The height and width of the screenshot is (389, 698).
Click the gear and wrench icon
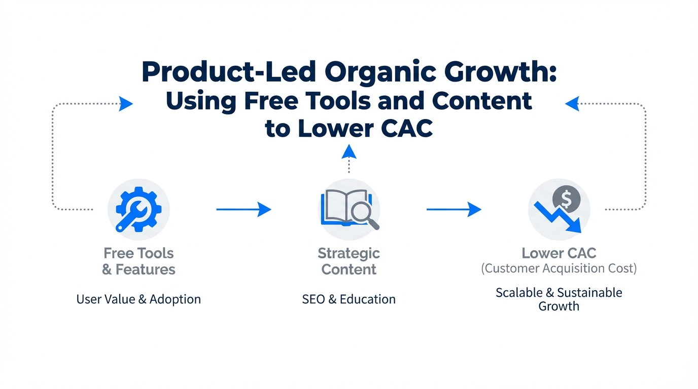[138, 209]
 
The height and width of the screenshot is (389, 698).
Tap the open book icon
[346, 207]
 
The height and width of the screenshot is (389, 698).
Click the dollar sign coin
[566, 199]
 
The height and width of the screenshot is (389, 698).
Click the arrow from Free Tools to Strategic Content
[243, 209]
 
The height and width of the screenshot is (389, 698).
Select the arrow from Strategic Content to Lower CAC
[453, 209]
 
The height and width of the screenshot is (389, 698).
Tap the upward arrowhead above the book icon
[349, 151]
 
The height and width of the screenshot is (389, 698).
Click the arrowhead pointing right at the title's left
[126, 104]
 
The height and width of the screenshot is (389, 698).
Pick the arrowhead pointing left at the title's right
[572, 104]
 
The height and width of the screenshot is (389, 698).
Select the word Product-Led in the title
[229, 71]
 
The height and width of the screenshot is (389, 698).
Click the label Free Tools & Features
[138, 261]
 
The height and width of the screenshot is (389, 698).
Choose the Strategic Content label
[348, 261]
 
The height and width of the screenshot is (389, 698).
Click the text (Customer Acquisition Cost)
[559, 268]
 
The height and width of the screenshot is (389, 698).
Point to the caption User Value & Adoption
[138, 299]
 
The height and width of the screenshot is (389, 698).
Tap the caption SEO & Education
[348, 299]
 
